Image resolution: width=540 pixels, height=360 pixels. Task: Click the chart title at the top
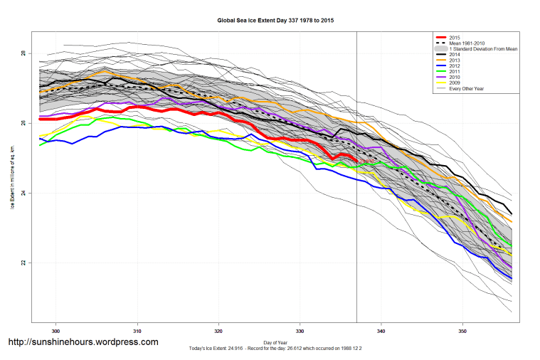click(275, 21)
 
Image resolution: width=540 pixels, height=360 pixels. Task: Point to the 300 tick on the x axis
click(56, 331)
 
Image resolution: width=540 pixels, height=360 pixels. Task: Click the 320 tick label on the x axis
click(219, 331)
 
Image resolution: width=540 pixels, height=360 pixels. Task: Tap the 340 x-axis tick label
click(381, 331)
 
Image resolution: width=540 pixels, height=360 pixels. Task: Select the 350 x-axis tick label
click(463, 331)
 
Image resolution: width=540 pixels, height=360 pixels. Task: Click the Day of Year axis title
click(275, 342)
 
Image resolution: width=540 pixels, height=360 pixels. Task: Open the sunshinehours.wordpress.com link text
click(83, 342)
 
